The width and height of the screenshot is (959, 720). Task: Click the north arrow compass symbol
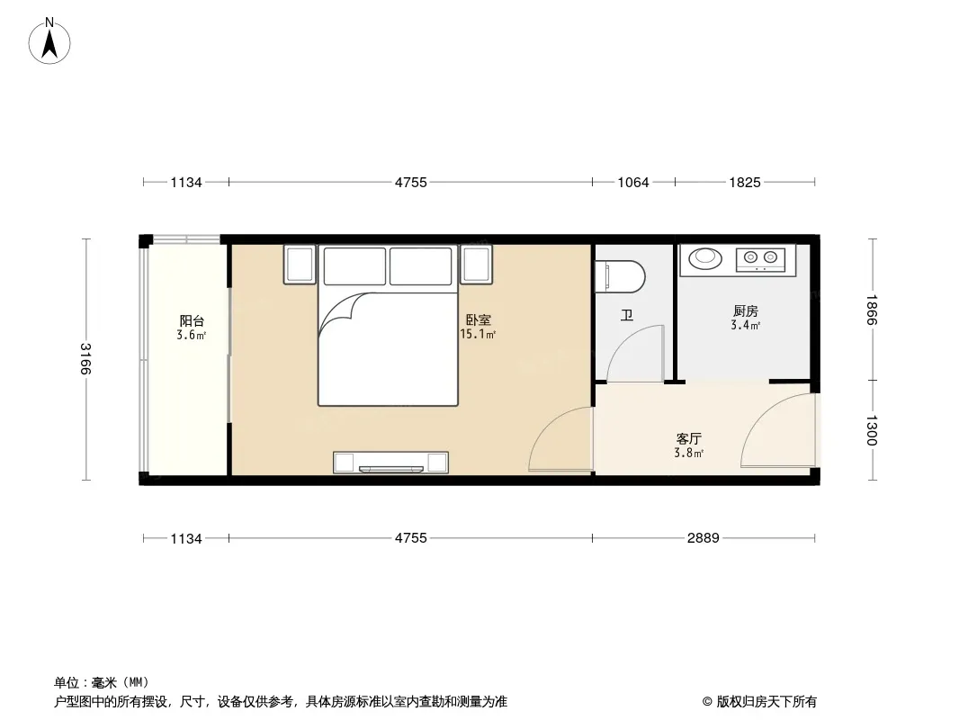coord(49,41)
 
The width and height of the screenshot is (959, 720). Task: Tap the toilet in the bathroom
coord(620,276)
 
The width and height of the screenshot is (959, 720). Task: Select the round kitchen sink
coord(705,257)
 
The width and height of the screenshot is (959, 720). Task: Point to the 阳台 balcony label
coord(192,320)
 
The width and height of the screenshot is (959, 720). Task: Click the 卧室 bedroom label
coord(479,319)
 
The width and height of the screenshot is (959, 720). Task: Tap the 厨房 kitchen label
coord(746,310)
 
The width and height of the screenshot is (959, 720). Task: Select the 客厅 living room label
coord(689,438)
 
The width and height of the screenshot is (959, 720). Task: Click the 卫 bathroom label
coord(627,316)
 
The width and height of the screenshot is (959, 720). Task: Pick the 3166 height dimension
coord(85,359)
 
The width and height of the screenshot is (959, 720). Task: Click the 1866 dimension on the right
coord(872,310)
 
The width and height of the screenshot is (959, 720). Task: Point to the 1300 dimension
coord(872,431)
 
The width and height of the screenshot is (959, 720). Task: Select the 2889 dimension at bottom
coord(704,537)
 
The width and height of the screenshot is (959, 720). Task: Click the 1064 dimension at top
coord(633,183)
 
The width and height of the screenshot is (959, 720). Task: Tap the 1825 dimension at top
coord(745,183)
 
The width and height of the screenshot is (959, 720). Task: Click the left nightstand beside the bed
coord(300,265)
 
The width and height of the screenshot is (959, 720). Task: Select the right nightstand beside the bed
coord(477,265)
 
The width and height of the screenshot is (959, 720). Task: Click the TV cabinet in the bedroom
coord(390,463)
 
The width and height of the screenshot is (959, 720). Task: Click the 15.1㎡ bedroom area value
coord(478,334)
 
